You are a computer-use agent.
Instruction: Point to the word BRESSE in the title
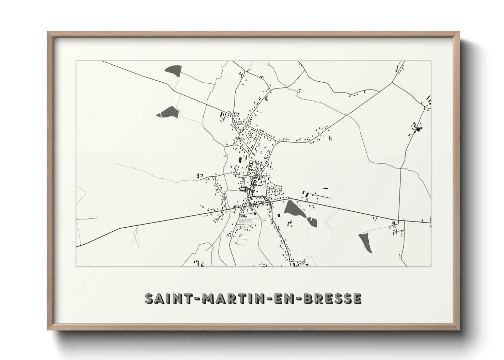click(332, 299)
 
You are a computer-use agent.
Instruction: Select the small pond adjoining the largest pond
click(312, 222)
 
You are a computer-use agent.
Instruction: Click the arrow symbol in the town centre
click(256, 177)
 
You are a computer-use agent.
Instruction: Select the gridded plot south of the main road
click(246, 220)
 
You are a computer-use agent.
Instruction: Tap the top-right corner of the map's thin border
click(431, 61)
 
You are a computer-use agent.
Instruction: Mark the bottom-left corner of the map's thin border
click(76, 266)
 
